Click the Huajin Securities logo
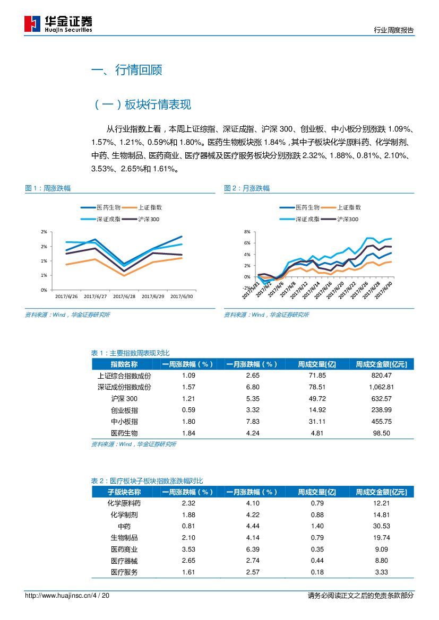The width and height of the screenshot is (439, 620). pos(58,23)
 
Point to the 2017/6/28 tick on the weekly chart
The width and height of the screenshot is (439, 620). pos(124,296)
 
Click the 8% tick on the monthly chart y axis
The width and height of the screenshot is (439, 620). pos(246,232)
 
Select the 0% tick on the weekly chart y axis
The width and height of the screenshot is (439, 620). pos(44,290)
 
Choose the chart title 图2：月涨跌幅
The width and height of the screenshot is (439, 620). pos(247,188)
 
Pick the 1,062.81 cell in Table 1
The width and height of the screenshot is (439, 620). pos(381,387)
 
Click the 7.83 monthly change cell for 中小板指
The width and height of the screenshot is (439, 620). pos(252,421)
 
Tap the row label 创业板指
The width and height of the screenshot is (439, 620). pos(124,410)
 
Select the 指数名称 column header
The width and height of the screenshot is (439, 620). pos(124,364)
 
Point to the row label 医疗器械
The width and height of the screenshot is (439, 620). pos(124,561)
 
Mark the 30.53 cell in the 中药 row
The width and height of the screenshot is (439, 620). pos(382,526)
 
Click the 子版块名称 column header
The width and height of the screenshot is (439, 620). pos(124,492)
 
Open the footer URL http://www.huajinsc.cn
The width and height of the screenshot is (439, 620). pos(58,596)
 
